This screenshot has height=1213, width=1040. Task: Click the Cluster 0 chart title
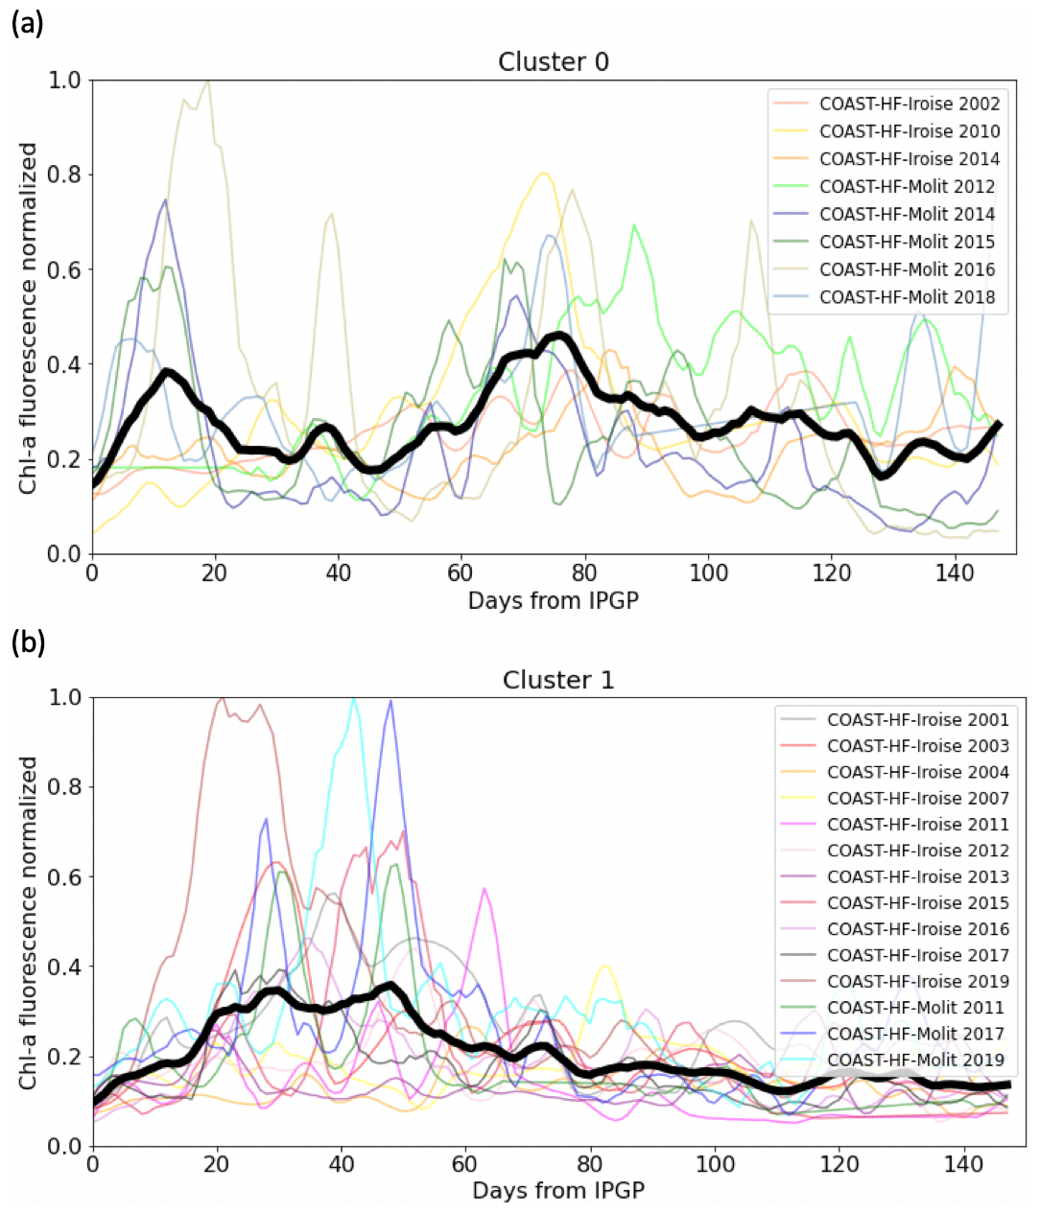click(553, 62)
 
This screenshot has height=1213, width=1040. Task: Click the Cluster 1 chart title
click(557, 680)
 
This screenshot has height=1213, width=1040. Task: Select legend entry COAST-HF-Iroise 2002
click(909, 104)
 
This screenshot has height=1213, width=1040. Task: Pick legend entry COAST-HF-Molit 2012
click(907, 187)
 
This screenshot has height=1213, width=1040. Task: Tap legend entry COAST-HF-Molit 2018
click(907, 297)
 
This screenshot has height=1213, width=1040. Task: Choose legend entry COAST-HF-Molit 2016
click(907, 269)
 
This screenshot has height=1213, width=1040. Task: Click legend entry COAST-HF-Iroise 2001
click(917, 719)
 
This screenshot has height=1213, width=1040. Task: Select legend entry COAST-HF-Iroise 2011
click(917, 825)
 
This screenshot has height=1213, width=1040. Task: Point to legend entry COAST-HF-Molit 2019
click(915, 1060)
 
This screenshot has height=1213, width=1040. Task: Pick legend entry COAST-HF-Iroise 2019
click(917, 981)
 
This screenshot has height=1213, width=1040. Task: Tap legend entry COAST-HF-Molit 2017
click(915, 1034)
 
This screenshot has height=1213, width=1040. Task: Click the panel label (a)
click(27, 24)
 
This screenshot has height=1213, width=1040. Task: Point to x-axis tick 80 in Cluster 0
click(584, 573)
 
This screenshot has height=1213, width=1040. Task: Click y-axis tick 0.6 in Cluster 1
click(63, 876)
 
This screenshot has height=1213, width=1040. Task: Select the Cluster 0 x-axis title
click(553, 601)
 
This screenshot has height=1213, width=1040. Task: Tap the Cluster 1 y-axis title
click(29, 921)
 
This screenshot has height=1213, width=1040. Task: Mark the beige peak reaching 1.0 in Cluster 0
click(206, 82)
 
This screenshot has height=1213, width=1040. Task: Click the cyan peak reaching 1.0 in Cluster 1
click(354, 700)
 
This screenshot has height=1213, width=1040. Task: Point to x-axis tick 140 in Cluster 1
click(963, 1164)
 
